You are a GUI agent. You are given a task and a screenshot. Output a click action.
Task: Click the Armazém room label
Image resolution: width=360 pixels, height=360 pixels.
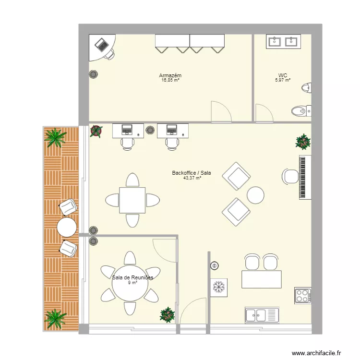tap(170, 75)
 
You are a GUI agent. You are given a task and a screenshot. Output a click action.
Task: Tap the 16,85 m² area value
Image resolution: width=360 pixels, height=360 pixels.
tap(170, 80)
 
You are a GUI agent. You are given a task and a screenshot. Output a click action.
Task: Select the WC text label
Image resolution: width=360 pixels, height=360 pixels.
tap(283, 75)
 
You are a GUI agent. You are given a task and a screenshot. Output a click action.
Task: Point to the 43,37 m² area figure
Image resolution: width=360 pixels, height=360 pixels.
tap(192, 178)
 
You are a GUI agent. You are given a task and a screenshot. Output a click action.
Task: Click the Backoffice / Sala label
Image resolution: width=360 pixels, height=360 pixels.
tap(192, 173)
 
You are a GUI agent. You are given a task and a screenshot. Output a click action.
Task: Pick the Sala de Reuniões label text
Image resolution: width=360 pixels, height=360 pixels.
tap(132, 277)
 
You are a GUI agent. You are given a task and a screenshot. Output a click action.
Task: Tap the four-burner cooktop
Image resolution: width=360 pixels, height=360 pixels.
tap(303, 295)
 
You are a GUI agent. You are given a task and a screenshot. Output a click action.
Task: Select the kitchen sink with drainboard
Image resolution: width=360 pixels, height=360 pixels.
tap(262, 315)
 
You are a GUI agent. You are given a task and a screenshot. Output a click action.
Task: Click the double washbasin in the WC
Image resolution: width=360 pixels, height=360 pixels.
tap(283, 42)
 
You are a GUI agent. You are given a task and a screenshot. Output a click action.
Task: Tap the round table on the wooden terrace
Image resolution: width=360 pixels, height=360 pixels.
tap(67, 227)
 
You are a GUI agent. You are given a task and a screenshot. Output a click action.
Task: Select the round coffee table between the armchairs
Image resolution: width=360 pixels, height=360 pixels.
tap(255, 195)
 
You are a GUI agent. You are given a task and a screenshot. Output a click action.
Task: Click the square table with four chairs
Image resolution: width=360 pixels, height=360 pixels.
tap(133, 200)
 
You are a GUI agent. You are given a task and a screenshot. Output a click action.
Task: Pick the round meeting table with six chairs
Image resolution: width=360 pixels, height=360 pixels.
tap(129, 283)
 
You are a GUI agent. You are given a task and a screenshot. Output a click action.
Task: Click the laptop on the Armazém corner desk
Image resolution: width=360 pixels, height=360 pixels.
tap(102, 45)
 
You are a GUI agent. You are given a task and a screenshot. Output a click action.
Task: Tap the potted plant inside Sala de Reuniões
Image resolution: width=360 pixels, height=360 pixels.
tap(167, 314)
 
